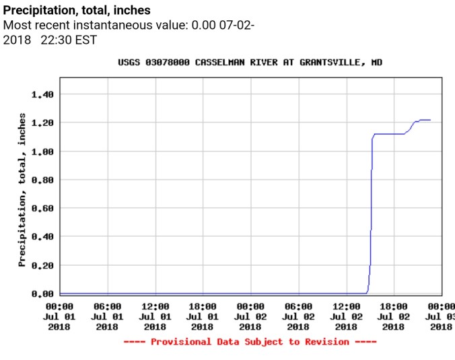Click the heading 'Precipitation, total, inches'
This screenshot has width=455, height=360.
click(77, 11)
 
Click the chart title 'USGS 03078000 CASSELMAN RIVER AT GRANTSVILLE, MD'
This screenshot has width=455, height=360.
click(250, 63)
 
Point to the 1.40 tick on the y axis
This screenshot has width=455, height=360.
click(42, 94)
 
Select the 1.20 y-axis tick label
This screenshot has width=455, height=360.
click(42, 122)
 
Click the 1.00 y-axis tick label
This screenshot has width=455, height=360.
click(42, 151)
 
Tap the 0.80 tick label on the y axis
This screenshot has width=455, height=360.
click(42, 180)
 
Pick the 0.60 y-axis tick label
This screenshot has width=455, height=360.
click(42, 208)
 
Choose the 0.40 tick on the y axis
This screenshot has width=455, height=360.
click(42, 237)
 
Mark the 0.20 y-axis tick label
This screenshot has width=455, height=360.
click(42, 265)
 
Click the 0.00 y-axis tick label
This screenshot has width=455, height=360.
click(42, 294)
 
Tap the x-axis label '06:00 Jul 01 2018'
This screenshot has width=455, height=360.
click(107, 316)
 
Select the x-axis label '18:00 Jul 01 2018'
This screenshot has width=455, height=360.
click(203, 316)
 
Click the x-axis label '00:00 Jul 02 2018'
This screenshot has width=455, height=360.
click(250, 316)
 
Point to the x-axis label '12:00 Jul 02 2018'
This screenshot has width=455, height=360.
click(346, 316)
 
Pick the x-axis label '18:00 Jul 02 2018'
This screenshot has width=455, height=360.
click(394, 316)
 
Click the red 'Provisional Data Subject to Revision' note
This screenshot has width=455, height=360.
click(250, 342)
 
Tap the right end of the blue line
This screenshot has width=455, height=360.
click(430, 120)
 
